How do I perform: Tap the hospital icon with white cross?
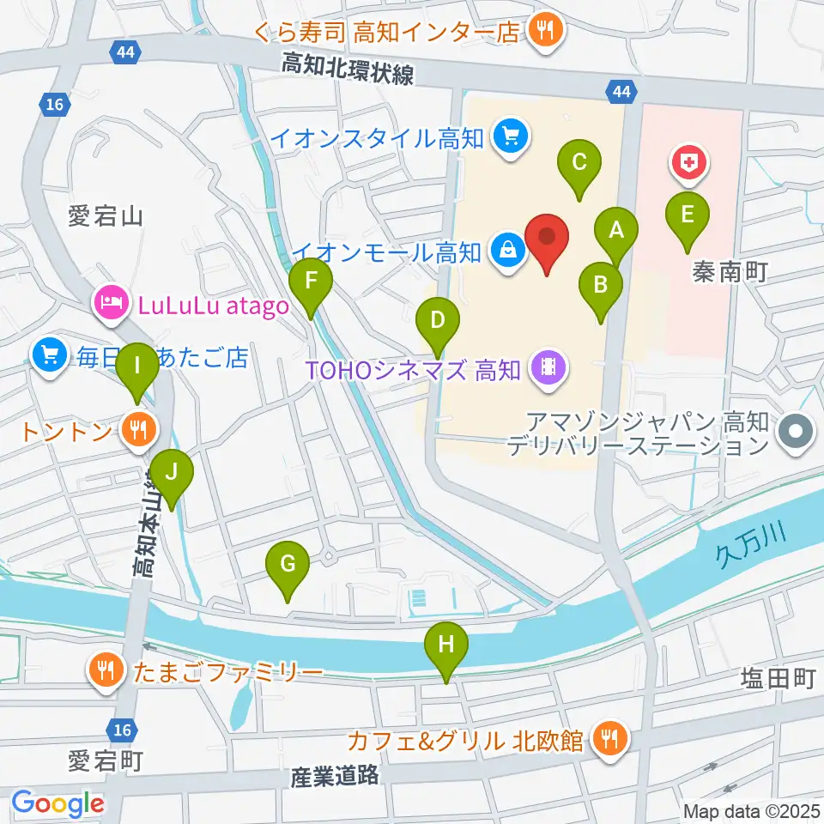pos(689,161)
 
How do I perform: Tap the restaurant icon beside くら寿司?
pos(543,32)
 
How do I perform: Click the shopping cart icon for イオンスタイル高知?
pos(511,136)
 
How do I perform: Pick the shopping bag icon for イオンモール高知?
pos(507,251)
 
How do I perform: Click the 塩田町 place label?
pos(777,680)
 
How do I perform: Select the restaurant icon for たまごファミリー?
pos(106,669)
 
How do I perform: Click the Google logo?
pos(58,804)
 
